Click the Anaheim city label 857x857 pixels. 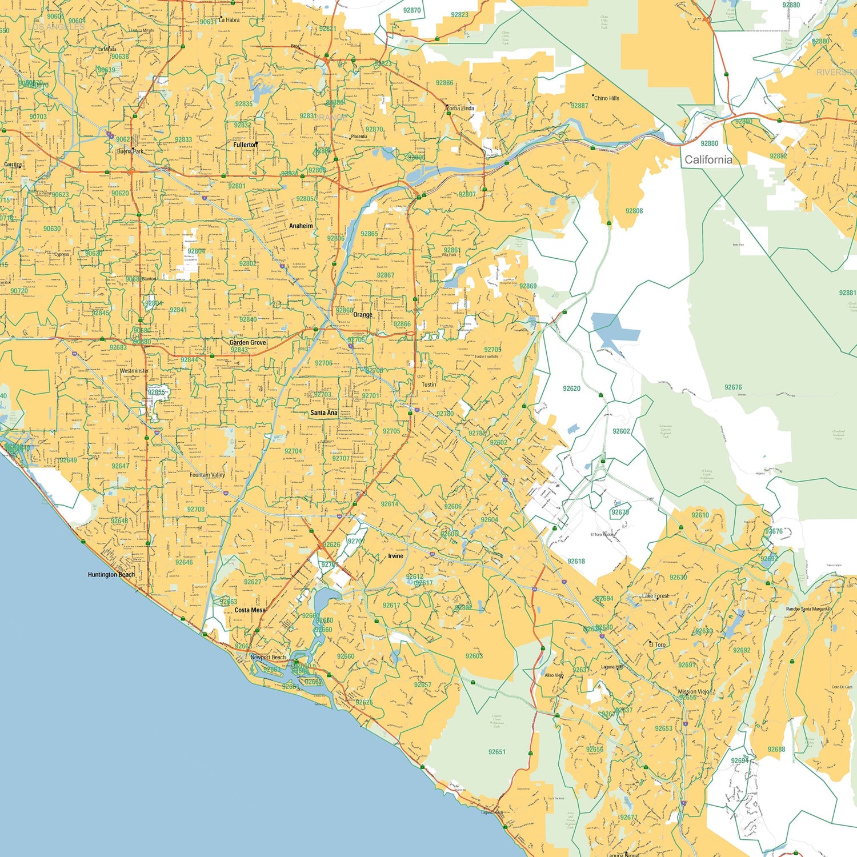click(x=301, y=226)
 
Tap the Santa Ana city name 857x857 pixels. click(x=323, y=413)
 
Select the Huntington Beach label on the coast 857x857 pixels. click(x=111, y=575)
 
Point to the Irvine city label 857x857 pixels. click(x=395, y=556)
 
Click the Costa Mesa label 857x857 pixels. click(x=250, y=610)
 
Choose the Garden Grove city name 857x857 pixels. click(x=247, y=343)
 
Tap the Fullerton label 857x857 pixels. click(x=245, y=145)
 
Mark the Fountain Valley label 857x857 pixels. click(x=207, y=475)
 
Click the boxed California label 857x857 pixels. click(x=708, y=160)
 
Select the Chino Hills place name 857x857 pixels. click(x=606, y=98)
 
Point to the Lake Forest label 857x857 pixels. click(x=655, y=596)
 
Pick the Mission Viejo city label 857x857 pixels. click(x=693, y=691)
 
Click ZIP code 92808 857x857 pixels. click(x=634, y=211)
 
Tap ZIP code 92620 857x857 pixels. click(x=571, y=389)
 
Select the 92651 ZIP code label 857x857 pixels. click(x=496, y=752)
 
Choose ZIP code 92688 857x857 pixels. click(x=776, y=749)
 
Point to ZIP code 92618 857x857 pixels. click(x=576, y=561)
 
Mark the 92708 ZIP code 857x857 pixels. click(x=195, y=509)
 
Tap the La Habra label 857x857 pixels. click(x=229, y=20)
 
